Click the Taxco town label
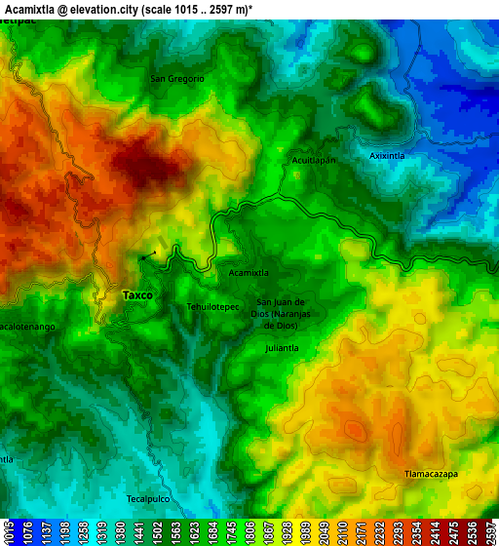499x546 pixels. click(x=136, y=294)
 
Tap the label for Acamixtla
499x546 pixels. click(x=249, y=273)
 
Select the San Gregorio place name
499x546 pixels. click(x=177, y=78)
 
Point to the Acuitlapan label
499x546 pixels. click(x=314, y=160)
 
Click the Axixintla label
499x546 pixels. click(x=387, y=155)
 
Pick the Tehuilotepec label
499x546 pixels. click(x=212, y=306)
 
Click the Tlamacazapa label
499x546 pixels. click(x=431, y=474)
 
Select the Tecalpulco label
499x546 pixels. click(x=148, y=498)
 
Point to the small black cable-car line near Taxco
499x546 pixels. click(x=147, y=255)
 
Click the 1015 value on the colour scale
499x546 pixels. click(x=9, y=532)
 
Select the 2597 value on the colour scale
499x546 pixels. click(x=488, y=532)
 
